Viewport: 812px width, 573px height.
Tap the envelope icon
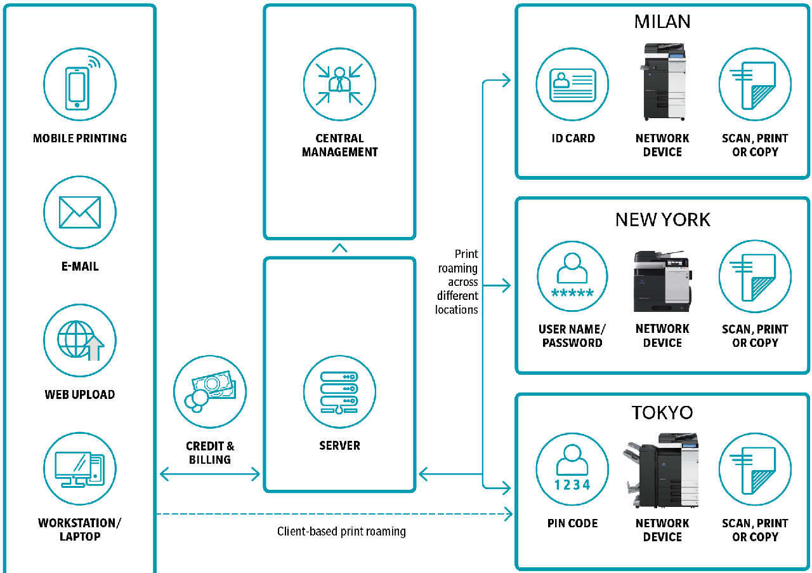tap(80, 212)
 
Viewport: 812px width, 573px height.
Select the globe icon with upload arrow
tap(80, 340)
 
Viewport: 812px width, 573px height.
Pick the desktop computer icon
tap(80, 469)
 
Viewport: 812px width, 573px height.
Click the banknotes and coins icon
tap(210, 391)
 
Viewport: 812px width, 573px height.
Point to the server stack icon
tap(339, 391)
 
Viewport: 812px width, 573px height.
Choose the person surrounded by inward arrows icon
tap(339, 84)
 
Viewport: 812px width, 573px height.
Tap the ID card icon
tap(572, 84)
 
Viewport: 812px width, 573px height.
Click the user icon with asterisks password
tap(572, 276)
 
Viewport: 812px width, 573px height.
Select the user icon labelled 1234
tap(572, 469)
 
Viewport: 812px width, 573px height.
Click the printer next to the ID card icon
tap(664, 82)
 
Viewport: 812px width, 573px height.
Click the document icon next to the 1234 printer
tap(755, 469)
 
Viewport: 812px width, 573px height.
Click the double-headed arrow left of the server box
tap(210, 474)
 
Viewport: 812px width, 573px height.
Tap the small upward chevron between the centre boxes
tap(339, 248)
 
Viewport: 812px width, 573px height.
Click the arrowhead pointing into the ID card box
tap(506, 80)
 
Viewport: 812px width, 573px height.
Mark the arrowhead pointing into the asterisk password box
tap(506, 286)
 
